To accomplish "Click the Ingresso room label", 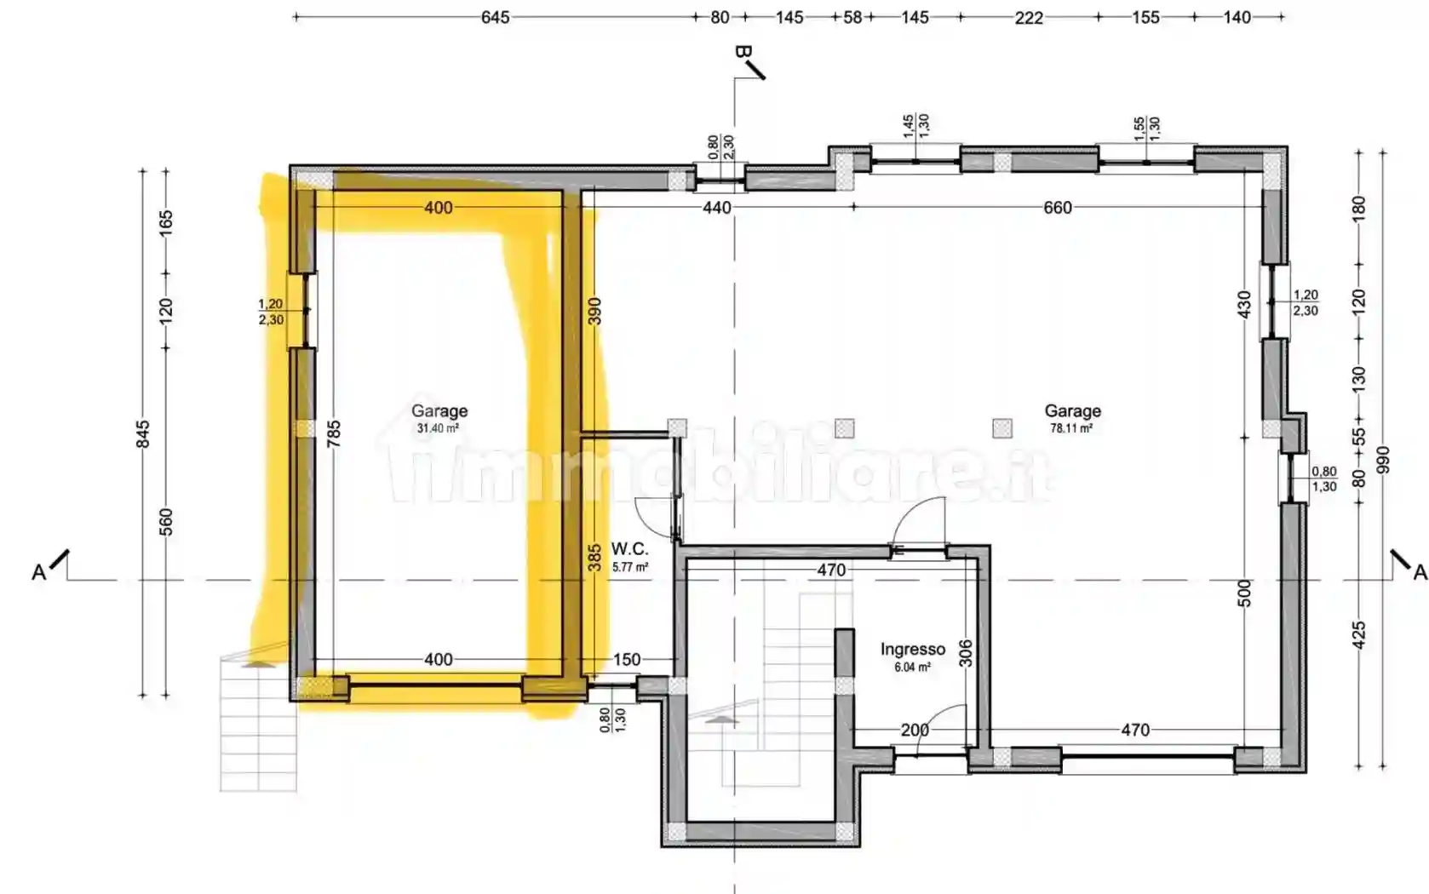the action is click(x=912, y=649).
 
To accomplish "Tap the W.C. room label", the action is click(x=629, y=549).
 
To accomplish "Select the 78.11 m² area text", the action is click(x=1071, y=428).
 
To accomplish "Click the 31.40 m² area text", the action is click(x=439, y=428).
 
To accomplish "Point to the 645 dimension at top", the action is click(x=495, y=18).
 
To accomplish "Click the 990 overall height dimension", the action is click(x=1383, y=460).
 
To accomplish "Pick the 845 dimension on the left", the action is click(x=144, y=434).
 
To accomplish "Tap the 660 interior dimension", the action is click(x=1058, y=208).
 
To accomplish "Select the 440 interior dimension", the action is click(x=717, y=208).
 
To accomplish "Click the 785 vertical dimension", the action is click(x=334, y=433).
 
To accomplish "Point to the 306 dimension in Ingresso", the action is click(x=966, y=653).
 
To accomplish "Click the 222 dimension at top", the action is click(x=1029, y=18).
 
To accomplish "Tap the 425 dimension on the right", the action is click(x=1359, y=636).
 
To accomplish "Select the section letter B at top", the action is click(x=743, y=52).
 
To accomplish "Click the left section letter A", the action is click(x=39, y=573).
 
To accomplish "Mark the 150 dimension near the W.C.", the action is click(x=627, y=659).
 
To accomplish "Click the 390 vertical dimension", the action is click(x=594, y=311).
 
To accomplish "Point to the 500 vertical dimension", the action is click(x=1245, y=593).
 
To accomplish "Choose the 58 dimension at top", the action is click(x=853, y=18).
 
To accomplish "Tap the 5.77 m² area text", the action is click(x=630, y=567).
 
